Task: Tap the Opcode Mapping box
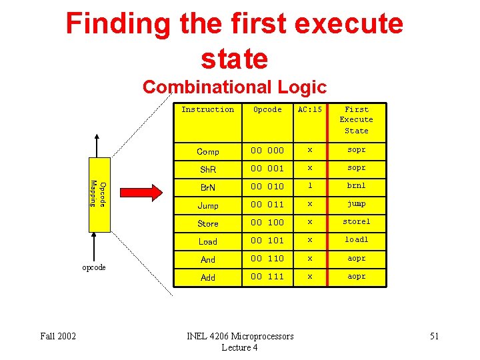pos(97,193)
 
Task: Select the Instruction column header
pos(208,109)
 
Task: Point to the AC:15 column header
pos(309,109)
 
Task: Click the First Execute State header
pos(357,120)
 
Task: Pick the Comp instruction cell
pos(208,151)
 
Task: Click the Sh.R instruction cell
pos(208,169)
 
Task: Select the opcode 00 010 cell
pos(267,186)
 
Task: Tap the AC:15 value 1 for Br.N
pos(309,186)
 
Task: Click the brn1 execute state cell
pos(357,186)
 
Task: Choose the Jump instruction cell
pos(208,205)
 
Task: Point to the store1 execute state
pos(357,222)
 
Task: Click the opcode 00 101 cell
pos(267,241)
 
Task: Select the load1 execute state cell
pos(357,240)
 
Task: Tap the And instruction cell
pos(208,259)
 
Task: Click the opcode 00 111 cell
pos(267,277)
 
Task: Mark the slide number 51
pos(434,336)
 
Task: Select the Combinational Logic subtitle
pos(235,87)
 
